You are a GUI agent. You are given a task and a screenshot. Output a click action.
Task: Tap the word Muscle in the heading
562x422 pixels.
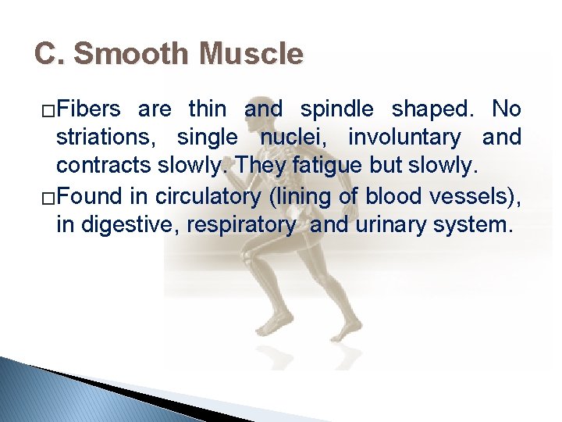click(x=251, y=54)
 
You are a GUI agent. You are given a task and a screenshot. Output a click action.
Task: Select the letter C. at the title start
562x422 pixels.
click(x=49, y=54)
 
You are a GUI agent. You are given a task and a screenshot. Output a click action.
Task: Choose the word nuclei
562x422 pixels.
click(x=296, y=138)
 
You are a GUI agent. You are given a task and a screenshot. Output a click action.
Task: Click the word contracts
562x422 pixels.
click(x=105, y=166)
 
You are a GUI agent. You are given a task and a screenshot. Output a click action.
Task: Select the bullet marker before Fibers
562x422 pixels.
click(x=48, y=110)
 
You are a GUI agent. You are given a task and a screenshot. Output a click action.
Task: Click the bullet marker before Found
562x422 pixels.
click(x=48, y=197)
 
